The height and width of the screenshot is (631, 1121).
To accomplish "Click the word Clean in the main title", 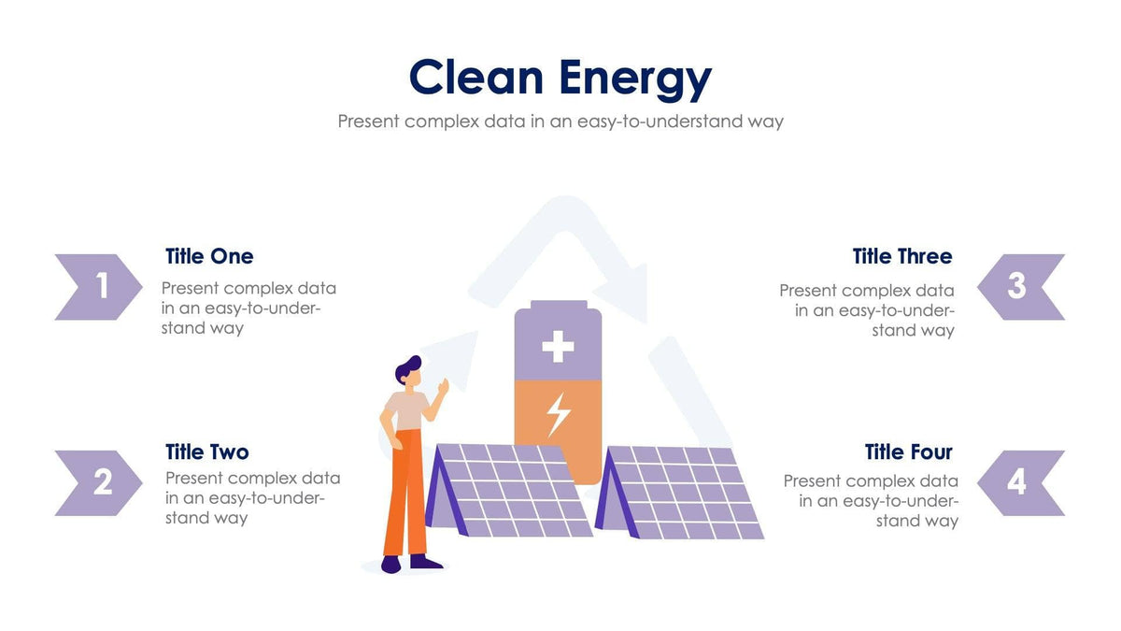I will (x=475, y=79).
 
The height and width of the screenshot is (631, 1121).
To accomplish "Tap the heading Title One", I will (x=209, y=256).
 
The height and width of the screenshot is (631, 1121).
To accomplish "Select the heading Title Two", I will (x=207, y=452).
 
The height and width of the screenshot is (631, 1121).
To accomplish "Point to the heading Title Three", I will (x=902, y=256).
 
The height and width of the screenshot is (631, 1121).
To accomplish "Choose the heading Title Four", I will (x=909, y=452).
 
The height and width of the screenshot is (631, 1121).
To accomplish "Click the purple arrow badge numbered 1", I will (x=99, y=287).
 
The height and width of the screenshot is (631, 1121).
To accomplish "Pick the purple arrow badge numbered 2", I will (x=99, y=483).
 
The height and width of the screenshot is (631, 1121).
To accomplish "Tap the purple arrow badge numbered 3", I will (x=1020, y=287).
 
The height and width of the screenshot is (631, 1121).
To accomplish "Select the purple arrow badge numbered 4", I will (x=1020, y=483).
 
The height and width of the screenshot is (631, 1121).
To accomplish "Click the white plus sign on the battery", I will (x=558, y=347).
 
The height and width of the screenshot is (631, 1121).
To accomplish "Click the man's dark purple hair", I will (x=407, y=368).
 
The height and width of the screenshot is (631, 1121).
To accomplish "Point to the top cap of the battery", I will (x=558, y=306).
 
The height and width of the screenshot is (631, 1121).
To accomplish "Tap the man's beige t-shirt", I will (x=407, y=409).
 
